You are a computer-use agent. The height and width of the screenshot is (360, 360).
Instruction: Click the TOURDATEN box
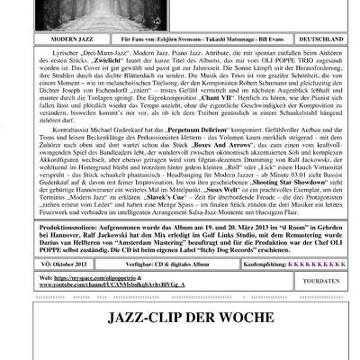(322, 281)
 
